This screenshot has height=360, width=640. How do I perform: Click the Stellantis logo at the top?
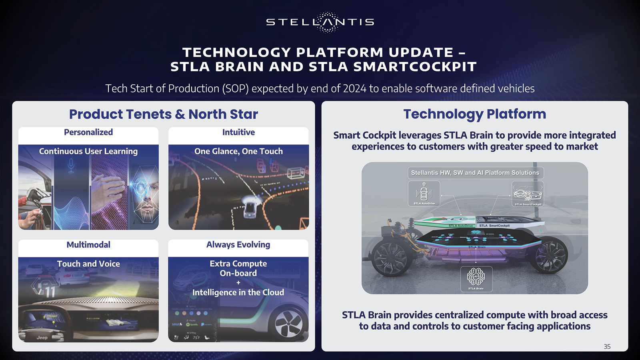tap(320, 22)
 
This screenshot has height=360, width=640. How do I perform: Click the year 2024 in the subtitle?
tap(354, 88)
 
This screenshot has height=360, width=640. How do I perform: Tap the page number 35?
tap(607, 346)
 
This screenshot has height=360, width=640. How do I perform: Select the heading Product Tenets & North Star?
tap(163, 114)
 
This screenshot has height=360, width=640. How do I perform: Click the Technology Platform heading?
tap(474, 114)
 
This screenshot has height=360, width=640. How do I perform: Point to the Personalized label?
tap(88, 132)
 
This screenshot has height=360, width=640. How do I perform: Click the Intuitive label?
tap(238, 132)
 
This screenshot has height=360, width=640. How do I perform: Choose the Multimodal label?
tap(88, 245)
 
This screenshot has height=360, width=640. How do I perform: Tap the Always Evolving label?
tap(238, 245)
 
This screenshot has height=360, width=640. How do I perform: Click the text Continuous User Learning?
tap(88, 152)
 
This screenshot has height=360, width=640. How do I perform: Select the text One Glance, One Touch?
tap(238, 152)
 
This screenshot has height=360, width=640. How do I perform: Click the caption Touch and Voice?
tap(88, 264)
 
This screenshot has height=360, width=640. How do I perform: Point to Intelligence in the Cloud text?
tap(238, 292)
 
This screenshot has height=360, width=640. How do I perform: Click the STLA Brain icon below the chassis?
tap(476, 278)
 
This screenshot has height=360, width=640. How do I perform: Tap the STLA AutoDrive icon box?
tap(424, 193)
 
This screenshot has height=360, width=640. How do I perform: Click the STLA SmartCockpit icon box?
tap(528, 194)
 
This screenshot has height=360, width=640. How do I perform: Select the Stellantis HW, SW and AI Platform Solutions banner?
tap(475, 173)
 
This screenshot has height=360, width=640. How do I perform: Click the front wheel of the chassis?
tap(390, 256)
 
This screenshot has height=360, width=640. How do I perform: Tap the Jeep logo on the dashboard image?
tap(42, 338)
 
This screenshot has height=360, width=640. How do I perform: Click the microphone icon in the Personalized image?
tap(71, 165)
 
